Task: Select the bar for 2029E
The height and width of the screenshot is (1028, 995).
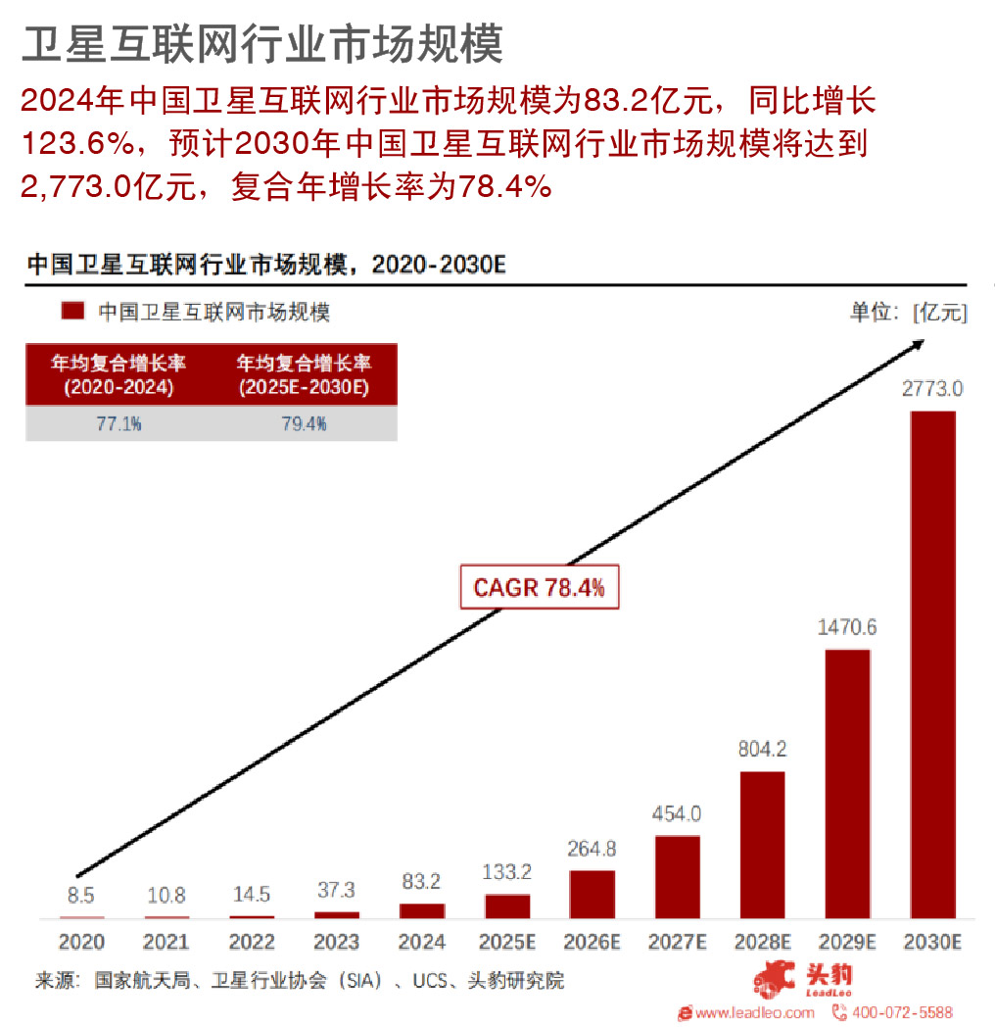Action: coord(847,783)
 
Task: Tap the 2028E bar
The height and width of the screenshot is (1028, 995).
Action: coord(762,845)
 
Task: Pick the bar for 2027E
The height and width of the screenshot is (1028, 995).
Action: coord(677,876)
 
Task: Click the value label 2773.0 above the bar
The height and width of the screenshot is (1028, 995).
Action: coord(932,389)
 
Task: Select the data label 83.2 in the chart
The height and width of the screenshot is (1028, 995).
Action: coord(422,882)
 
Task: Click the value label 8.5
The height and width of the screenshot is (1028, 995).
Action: coord(81,895)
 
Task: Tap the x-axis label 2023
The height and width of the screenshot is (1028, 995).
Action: coord(337,943)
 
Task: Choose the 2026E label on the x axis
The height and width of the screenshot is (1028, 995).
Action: coord(592,943)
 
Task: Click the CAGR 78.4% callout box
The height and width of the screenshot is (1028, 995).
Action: coord(539,588)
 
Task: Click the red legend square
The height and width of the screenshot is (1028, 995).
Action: coord(72,312)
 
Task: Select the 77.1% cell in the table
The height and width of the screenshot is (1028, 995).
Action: coord(118,424)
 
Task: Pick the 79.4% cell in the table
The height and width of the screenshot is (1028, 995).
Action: coord(304,424)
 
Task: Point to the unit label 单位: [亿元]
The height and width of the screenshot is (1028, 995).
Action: coord(908,312)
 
